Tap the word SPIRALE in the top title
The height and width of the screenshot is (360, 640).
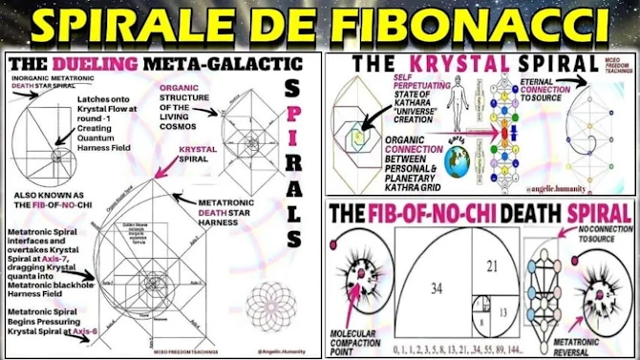[159, 26]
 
